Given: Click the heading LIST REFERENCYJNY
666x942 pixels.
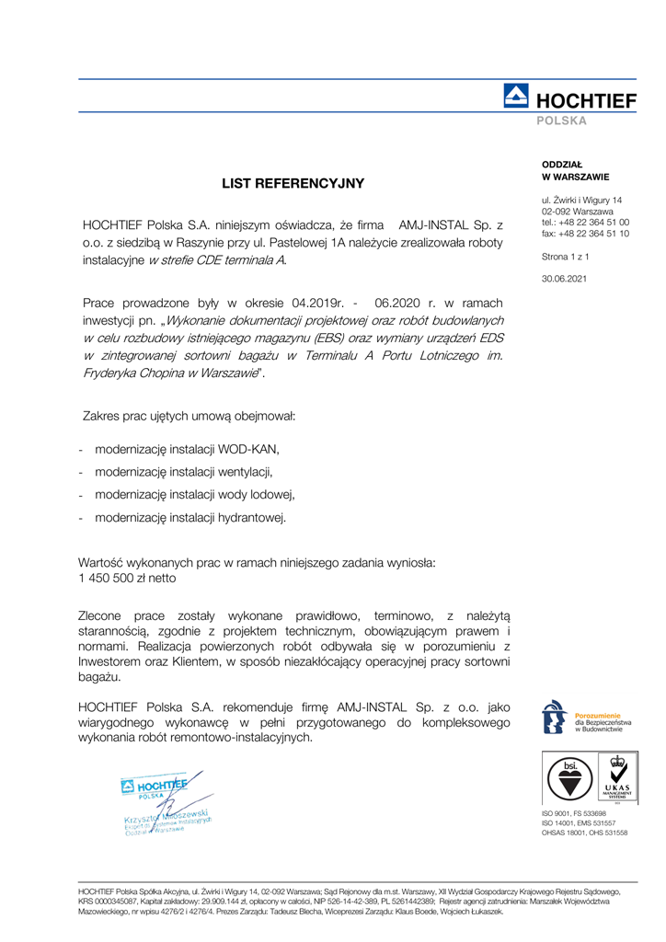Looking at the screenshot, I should click(293, 184).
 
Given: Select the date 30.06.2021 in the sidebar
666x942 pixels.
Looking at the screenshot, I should click(566, 279).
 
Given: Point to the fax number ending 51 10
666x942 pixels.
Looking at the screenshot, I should click(586, 233).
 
